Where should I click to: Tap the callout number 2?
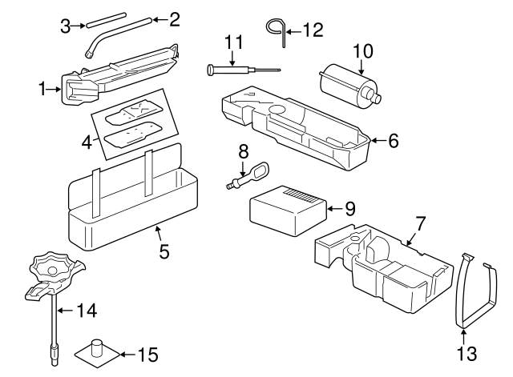[x=175, y=17]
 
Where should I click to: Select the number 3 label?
[x=66, y=26]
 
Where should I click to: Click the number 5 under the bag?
[x=164, y=251]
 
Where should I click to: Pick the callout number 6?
[x=393, y=140]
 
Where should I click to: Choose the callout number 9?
[x=349, y=208]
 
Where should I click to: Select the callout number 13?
[x=466, y=353]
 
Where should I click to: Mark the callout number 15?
[x=148, y=353]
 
